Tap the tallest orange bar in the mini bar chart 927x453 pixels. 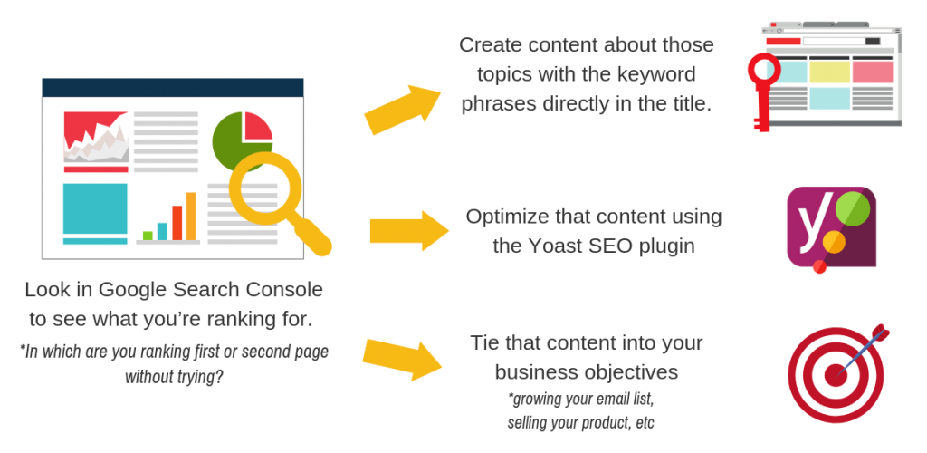click(191, 217)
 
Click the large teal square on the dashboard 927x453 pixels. click(94, 208)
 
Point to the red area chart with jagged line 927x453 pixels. click(96, 136)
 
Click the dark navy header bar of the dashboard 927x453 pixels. click(173, 88)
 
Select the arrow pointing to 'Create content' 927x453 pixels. click(402, 109)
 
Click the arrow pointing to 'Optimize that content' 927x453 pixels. click(409, 231)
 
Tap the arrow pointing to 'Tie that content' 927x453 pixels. click(402, 359)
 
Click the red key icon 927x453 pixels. click(761, 90)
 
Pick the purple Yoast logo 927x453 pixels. click(831, 228)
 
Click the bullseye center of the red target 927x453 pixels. click(834, 375)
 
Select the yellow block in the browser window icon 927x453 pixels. click(829, 72)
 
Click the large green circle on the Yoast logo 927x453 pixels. click(853, 209)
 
